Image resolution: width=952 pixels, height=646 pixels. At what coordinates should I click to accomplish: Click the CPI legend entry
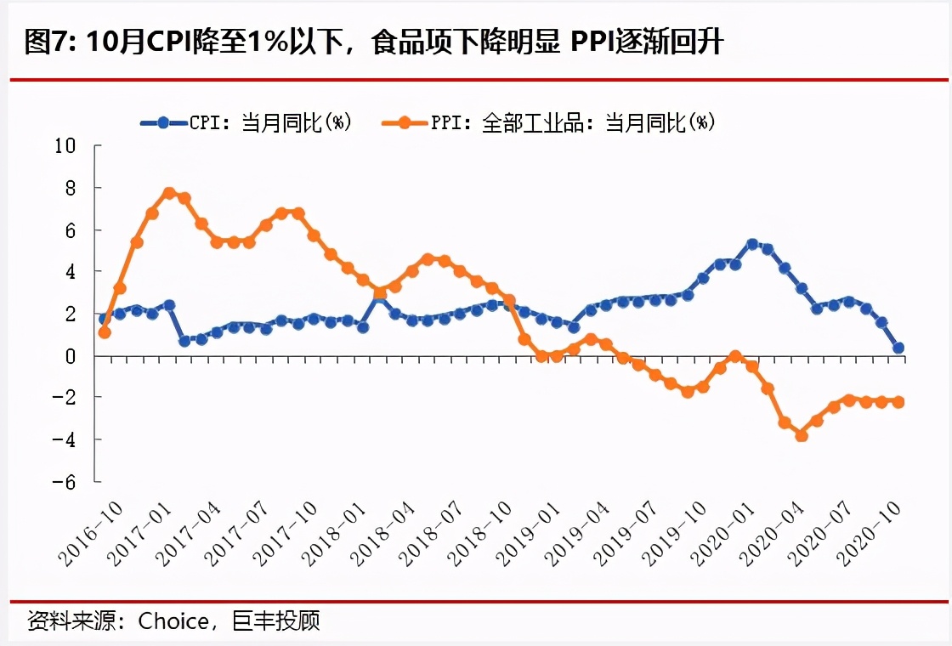click(x=246, y=122)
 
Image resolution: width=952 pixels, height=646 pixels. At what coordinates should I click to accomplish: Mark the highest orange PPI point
click(x=169, y=193)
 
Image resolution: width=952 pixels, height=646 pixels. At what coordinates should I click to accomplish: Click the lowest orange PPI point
click(x=801, y=435)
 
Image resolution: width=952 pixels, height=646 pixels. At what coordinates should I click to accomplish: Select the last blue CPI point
click(x=898, y=348)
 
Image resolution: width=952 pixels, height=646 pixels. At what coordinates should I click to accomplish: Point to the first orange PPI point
click(x=104, y=332)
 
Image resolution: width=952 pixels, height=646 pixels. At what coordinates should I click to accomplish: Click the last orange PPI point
click(x=898, y=402)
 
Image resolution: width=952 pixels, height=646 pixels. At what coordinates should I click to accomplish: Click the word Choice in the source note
click(x=173, y=621)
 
